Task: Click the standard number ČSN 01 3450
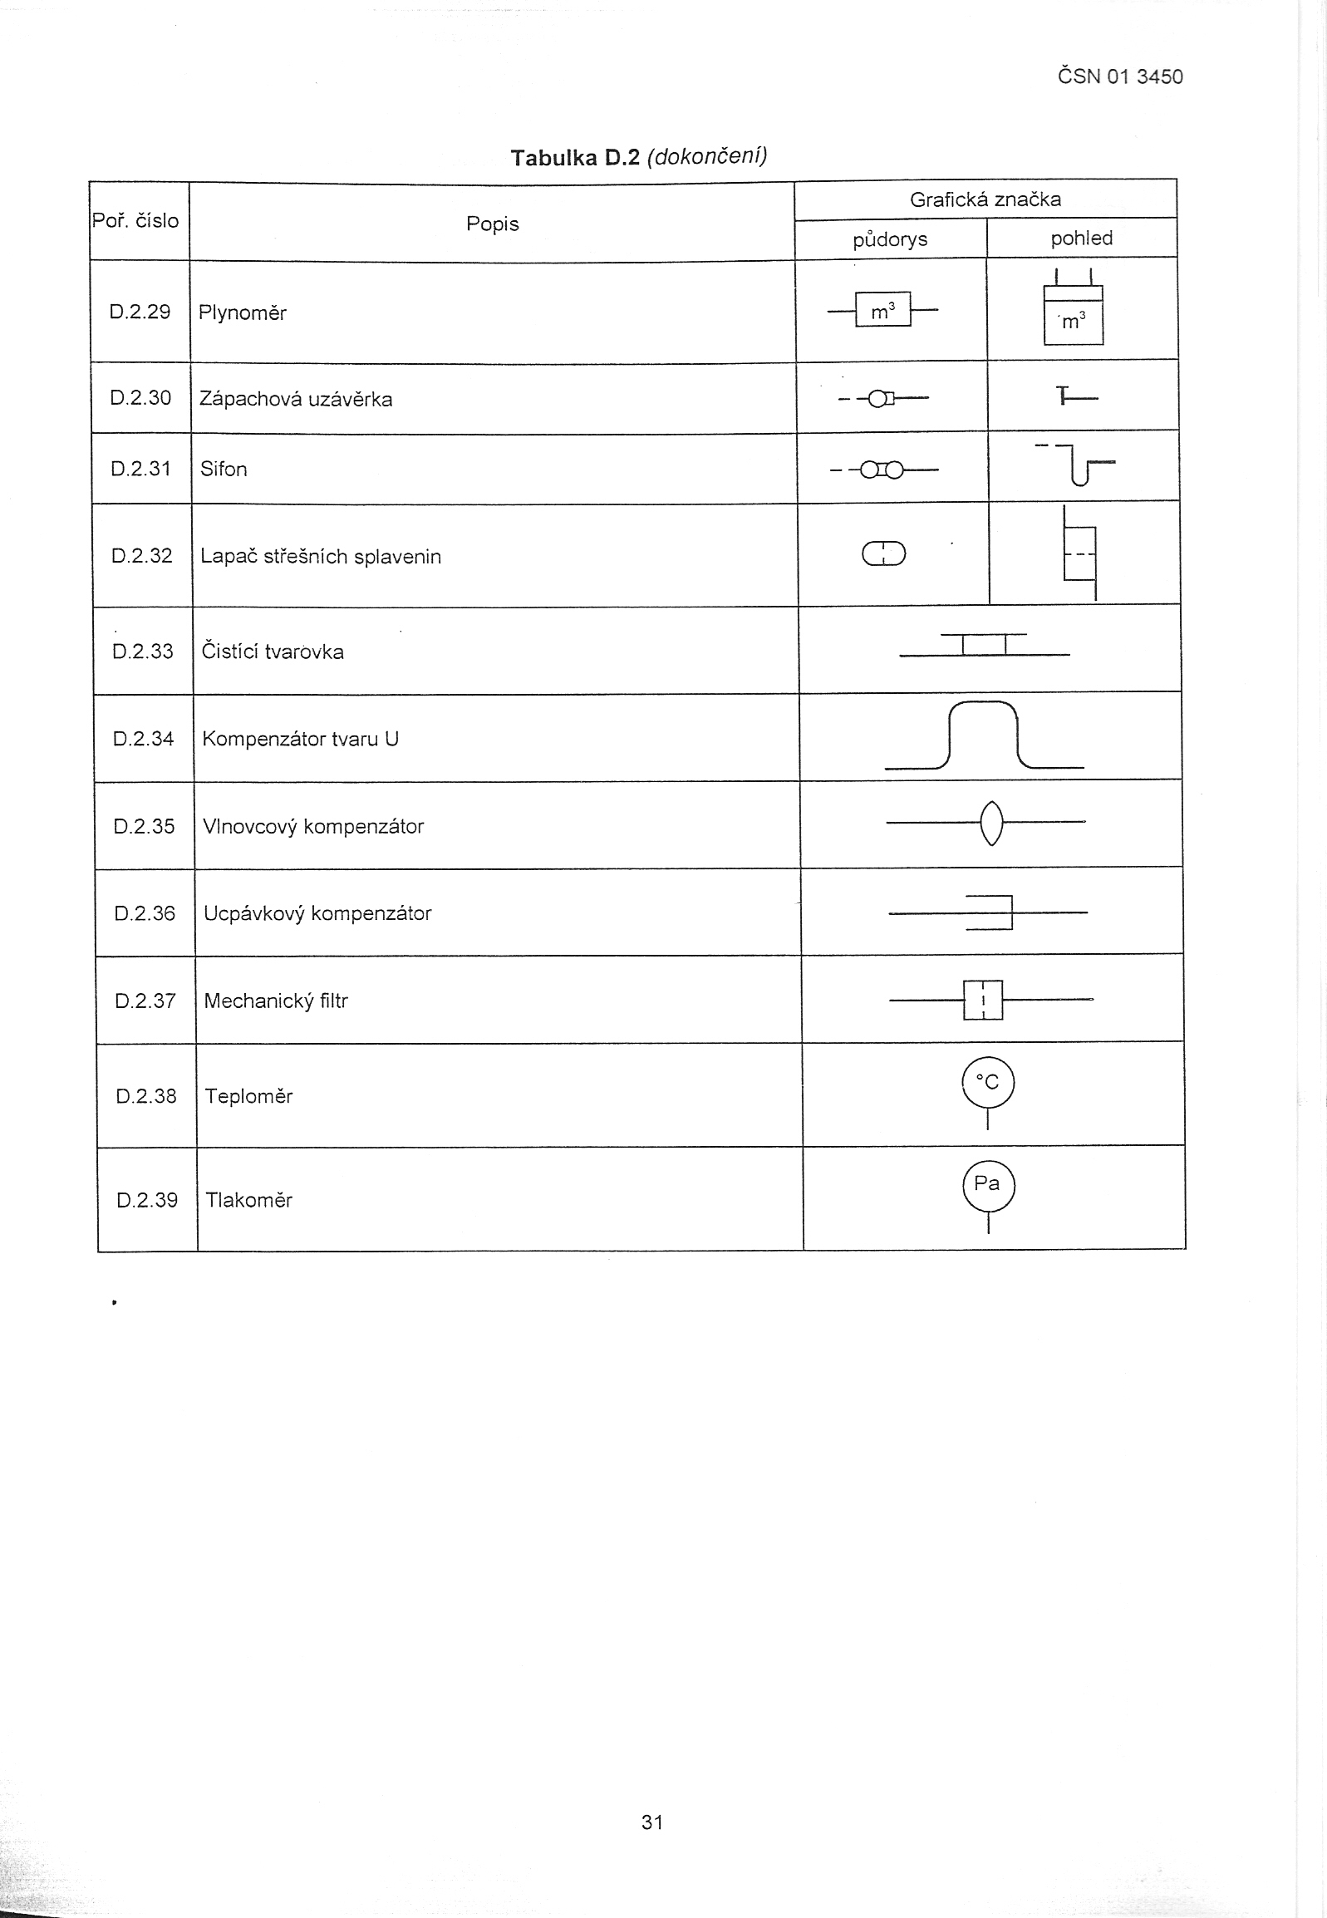(x=1119, y=76)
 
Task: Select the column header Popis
(x=492, y=224)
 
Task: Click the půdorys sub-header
(x=890, y=239)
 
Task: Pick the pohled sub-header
(x=1081, y=239)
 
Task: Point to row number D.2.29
(x=140, y=312)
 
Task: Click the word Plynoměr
(x=242, y=312)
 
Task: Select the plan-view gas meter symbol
(x=883, y=311)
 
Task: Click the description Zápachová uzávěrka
(x=295, y=399)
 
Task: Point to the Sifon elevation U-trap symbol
(x=1079, y=466)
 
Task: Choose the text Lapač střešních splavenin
(x=320, y=556)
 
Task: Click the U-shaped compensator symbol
(x=984, y=735)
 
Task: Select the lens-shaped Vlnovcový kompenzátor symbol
(x=990, y=823)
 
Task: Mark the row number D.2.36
(x=145, y=912)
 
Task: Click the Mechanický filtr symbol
(x=984, y=1000)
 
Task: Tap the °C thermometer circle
(x=988, y=1083)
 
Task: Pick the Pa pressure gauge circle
(x=988, y=1185)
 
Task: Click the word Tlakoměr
(x=248, y=1200)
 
